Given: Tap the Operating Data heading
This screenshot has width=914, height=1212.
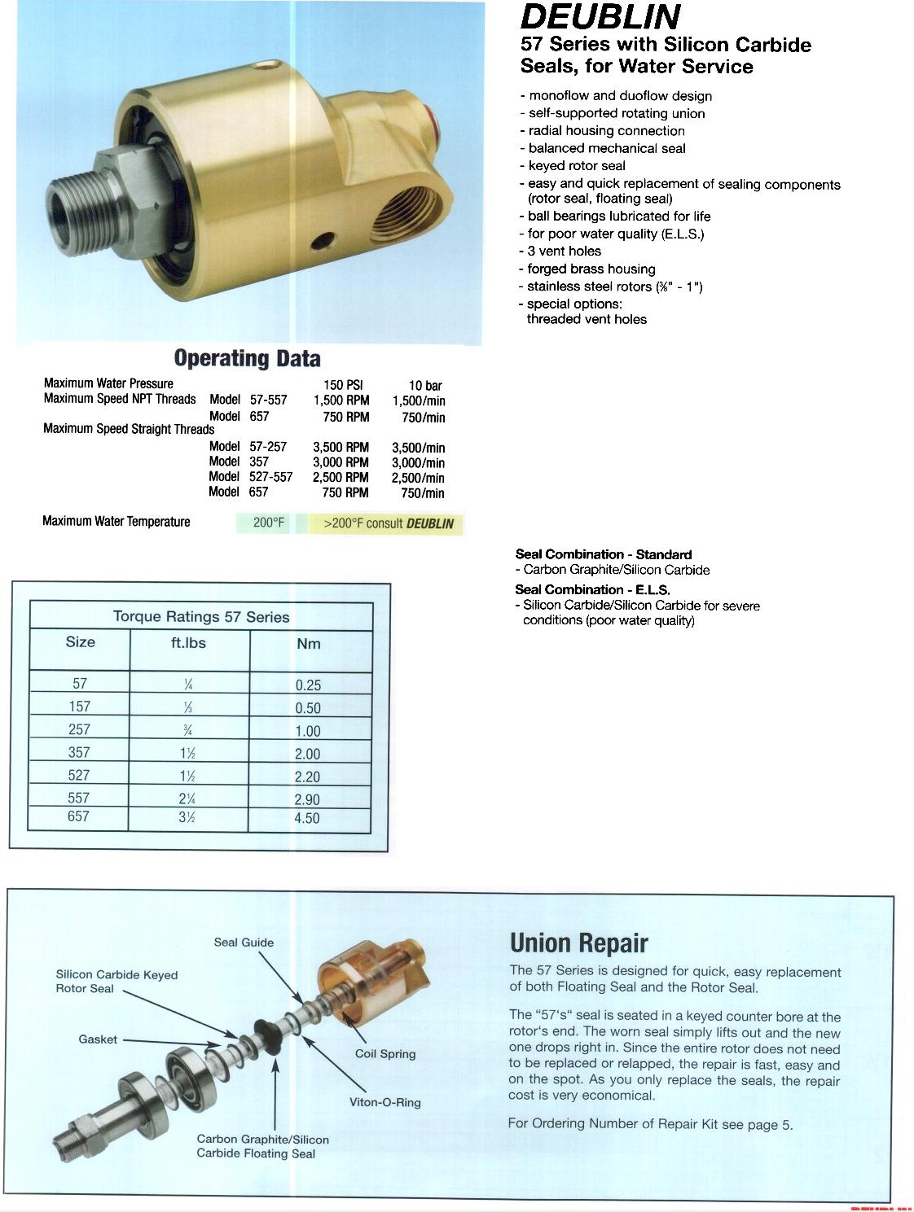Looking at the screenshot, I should pyautogui.click(x=247, y=359).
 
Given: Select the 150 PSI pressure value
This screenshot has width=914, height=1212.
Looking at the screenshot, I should pyautogui.click(x=343, y=385).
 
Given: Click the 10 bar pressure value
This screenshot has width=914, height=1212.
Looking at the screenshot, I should pyautogui.click(x=425, y=386).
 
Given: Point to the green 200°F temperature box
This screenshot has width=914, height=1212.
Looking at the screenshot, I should pyautogui.click(x=268, y=523).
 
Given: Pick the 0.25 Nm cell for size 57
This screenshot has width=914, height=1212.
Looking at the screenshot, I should pyautogui.click(x=308, y=685).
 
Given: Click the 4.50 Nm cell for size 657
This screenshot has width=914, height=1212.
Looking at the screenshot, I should pyautogui.click(x=307, y=818).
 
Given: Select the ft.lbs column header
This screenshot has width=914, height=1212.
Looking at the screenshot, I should pyautogui.click(x=188, y=643).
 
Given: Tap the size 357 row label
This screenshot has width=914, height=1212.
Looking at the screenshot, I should pyautogui.click(x=79, y=752).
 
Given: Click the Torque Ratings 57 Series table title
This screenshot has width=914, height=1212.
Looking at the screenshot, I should pyautogui.click(x=201, y=617).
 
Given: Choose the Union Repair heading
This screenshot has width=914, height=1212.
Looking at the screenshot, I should pyautogui.click(x=578, y=943).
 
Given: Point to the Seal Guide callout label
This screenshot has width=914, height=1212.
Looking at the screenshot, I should pyautogui.click(x=244, y=943).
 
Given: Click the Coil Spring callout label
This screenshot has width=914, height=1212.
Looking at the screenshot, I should pyautogui.click(x=385, y=1054).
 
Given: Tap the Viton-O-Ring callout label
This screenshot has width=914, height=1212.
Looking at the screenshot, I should pyautogui.click(x=385, y=1103).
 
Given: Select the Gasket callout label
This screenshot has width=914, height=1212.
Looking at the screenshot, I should pyautogui.click(x=98, y=1039).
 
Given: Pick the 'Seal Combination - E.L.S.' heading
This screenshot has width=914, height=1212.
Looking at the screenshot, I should pyautogui.click(x=592, y=589).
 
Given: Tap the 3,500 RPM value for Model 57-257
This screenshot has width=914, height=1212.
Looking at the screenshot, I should pyautogui.click(x=341, y=447).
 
